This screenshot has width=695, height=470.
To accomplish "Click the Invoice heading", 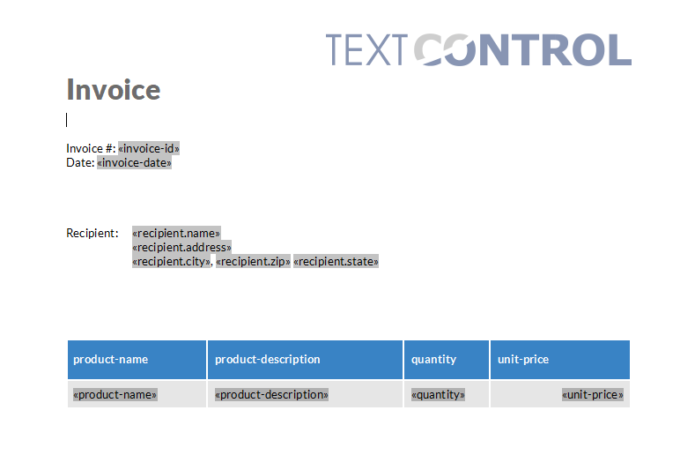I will [x=114, y=90].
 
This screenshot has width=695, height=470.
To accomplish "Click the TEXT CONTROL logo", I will [x=478, y=49].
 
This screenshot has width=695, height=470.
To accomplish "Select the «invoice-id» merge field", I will [x=149, y=148].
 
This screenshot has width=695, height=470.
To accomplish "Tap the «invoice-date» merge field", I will [x=134, y=162].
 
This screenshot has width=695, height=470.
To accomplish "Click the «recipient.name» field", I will [x=176, y=233].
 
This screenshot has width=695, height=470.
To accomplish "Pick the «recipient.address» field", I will [x=181, y=247].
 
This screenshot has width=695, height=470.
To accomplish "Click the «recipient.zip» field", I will [x=253, y=261].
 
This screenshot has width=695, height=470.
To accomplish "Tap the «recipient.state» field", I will [x=336, y=261].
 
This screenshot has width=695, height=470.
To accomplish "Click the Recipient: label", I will [x=92, y=233].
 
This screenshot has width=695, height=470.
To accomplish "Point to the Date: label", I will [x=80, y=162].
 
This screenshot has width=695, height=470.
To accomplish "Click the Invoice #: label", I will [x=90, y=148].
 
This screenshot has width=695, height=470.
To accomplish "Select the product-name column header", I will [x=111, y=359].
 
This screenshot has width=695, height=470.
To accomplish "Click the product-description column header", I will [x=268, y=359].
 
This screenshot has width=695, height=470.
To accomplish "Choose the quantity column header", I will [x=433, y=359].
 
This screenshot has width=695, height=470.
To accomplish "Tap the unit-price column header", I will [x=523, y=359].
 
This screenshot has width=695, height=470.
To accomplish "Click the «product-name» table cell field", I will [x=115, y=394].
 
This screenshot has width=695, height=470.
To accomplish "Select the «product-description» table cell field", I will [x=271, y=394].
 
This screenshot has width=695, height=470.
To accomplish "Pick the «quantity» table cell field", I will [x=438, y=394].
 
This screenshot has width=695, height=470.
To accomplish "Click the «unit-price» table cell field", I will [x=593, y=394].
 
